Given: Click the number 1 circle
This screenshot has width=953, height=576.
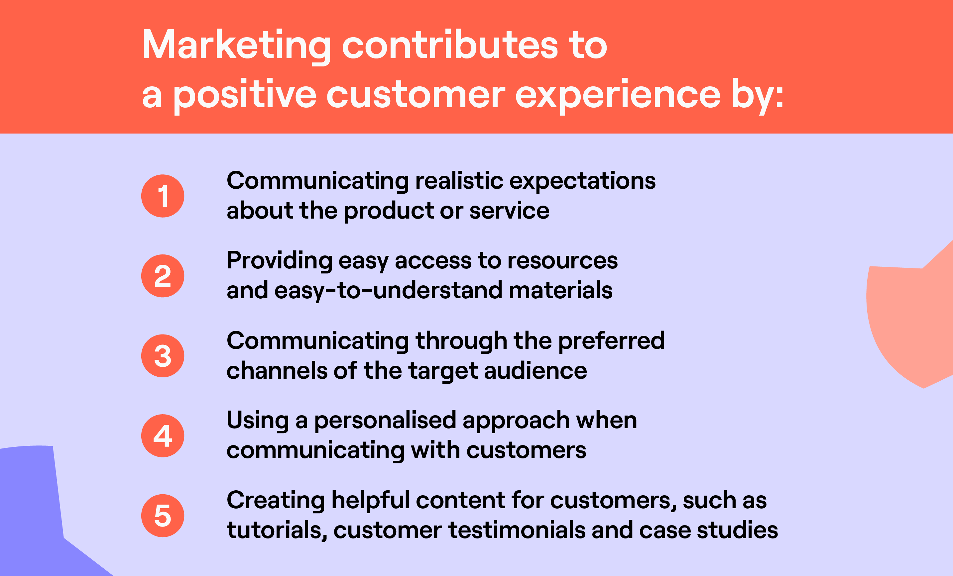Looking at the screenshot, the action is tap(163, 196).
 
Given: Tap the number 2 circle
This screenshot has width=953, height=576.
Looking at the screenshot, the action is tap(163, 276).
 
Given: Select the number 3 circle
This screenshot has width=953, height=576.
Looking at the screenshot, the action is tap(163, 356).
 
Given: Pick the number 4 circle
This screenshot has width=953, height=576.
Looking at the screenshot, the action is tap(163, 436).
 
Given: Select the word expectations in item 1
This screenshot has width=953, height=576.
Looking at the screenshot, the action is tap(582, 182).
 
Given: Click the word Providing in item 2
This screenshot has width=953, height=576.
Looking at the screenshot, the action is tap(279, 261).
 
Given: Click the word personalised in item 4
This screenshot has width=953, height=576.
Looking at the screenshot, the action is tap(385, 421).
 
